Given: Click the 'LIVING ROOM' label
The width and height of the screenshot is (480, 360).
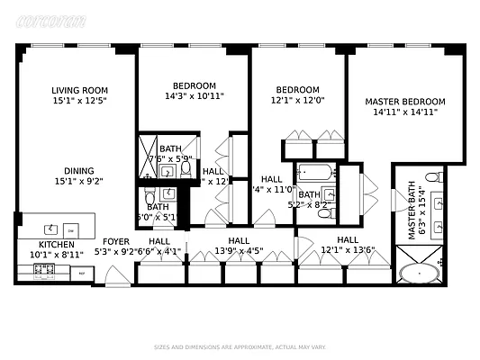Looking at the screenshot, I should (77, 89).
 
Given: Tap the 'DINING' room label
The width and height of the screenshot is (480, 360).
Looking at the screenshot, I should (77, 170).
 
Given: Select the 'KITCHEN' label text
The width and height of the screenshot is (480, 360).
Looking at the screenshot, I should (56, 244).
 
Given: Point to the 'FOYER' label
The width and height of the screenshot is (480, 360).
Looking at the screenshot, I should (116, 241).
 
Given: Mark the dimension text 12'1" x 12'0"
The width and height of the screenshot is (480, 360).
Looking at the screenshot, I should (296, 101).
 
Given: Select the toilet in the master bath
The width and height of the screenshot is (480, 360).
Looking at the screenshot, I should (433, 177).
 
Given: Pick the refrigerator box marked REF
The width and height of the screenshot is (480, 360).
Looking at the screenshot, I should (81, 273).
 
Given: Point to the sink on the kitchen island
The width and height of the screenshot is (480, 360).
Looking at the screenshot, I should (50, 228).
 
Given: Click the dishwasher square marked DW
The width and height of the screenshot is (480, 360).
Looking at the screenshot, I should (70, 229).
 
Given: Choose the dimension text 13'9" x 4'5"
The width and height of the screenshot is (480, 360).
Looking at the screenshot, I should (239, 252).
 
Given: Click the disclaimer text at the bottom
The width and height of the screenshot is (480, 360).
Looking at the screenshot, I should (239, 346).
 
